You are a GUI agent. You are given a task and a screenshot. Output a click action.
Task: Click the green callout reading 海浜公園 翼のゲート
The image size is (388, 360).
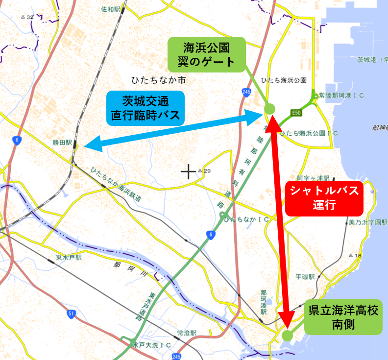206,54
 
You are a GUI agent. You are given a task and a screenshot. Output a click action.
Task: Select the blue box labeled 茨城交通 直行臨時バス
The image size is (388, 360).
145,108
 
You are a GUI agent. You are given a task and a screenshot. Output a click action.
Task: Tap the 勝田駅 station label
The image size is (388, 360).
62,143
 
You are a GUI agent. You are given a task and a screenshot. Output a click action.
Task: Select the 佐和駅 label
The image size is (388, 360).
111,9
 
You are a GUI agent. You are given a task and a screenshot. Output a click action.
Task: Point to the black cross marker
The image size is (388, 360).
188,171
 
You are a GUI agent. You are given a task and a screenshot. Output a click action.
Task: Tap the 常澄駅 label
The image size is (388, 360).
187,333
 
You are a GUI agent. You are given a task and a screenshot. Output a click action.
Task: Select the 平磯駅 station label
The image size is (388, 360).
306,277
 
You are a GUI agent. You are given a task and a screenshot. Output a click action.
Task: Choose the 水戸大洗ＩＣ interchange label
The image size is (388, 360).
151,345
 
